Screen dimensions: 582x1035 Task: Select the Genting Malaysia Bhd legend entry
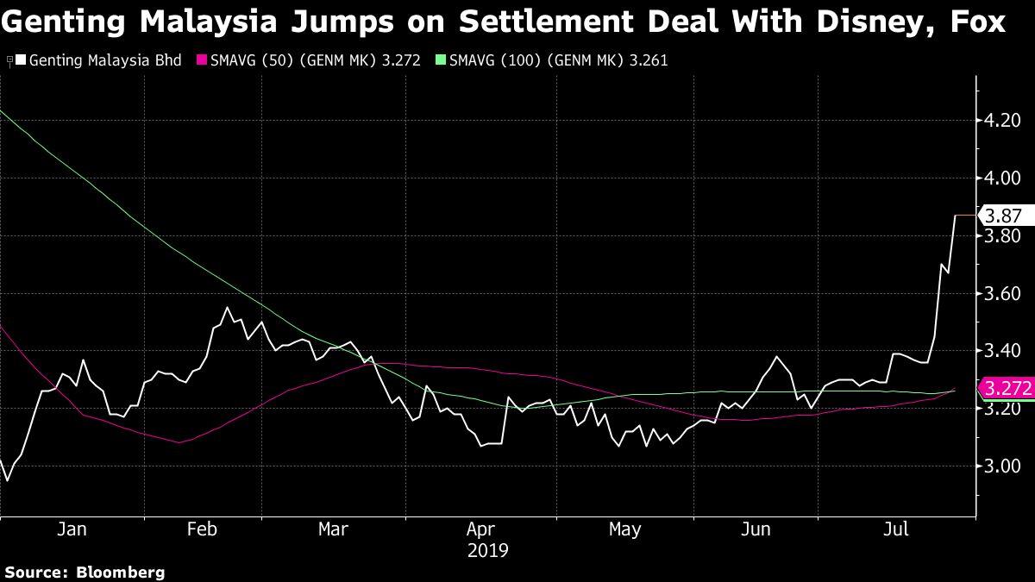click(104, 61)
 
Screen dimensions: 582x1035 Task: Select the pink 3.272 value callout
click(1006, 388)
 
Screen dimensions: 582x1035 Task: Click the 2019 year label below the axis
click(489, 549)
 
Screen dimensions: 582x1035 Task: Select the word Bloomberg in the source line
click(121, 572)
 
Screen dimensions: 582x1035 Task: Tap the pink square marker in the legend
click(204, 61)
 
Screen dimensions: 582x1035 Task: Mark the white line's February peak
click(227, 307)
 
